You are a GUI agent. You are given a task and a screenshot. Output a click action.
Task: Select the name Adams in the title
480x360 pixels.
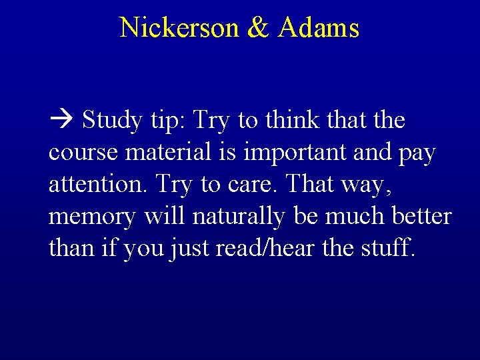click(x=319, y=27)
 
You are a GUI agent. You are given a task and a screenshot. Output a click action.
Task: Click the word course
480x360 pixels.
click(x=85, y=153)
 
